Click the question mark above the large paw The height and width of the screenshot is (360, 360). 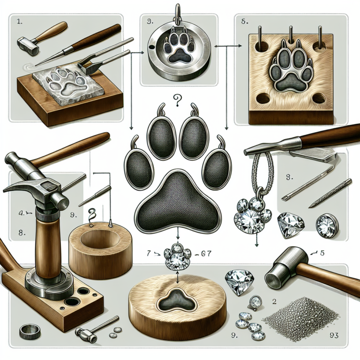[178, 99]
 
